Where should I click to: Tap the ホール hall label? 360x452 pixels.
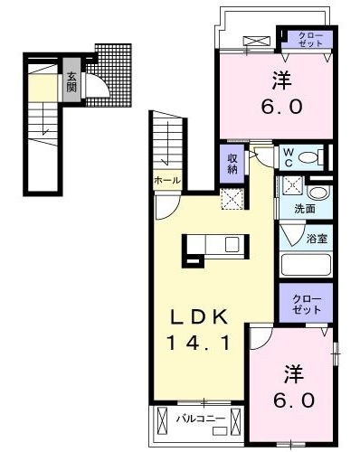pos(167,180)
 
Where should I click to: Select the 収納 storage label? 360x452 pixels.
pos(232,164)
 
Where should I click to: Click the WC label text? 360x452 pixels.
pos(289,158)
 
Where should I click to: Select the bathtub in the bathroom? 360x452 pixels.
pos(306,266)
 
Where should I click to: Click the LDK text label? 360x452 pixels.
pos(205,316)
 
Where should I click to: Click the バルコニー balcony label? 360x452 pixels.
pos(194,419)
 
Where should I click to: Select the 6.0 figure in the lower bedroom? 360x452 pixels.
pos(290,399)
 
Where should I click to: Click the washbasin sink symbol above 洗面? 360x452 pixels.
pos(317,193)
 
